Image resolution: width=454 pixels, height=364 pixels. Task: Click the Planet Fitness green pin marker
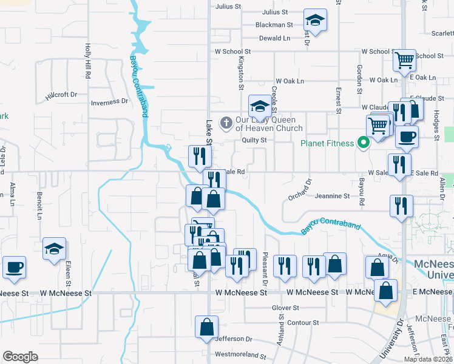coord(364,143)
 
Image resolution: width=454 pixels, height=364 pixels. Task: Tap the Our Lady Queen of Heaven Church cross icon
coord(226,124)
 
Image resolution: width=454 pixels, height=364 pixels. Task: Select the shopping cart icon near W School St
coord(404,61)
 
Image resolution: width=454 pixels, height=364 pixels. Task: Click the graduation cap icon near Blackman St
coord(315,21)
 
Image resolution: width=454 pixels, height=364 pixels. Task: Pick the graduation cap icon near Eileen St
coord(54,249)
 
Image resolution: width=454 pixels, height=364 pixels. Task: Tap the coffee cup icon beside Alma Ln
coord(14,267)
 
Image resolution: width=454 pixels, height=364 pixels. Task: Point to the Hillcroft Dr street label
coord(61,95)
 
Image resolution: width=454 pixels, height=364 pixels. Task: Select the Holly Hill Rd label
coord(88,61)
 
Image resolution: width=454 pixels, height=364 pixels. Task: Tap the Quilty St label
coord(254,140)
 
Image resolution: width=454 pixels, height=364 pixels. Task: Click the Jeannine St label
coord(333,196)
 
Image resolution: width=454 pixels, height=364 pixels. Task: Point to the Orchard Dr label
coord(300,188)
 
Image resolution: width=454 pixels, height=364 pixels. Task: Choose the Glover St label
coord(286,308)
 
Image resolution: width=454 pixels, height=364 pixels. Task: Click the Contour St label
coord(303,322)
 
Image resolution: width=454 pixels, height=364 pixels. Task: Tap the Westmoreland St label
coord(241,354)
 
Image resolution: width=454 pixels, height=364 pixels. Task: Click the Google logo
coord(20,356)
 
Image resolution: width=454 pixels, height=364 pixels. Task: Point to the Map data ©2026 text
coord(427,359)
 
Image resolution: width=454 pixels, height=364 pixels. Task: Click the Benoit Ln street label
coord(39,207)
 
